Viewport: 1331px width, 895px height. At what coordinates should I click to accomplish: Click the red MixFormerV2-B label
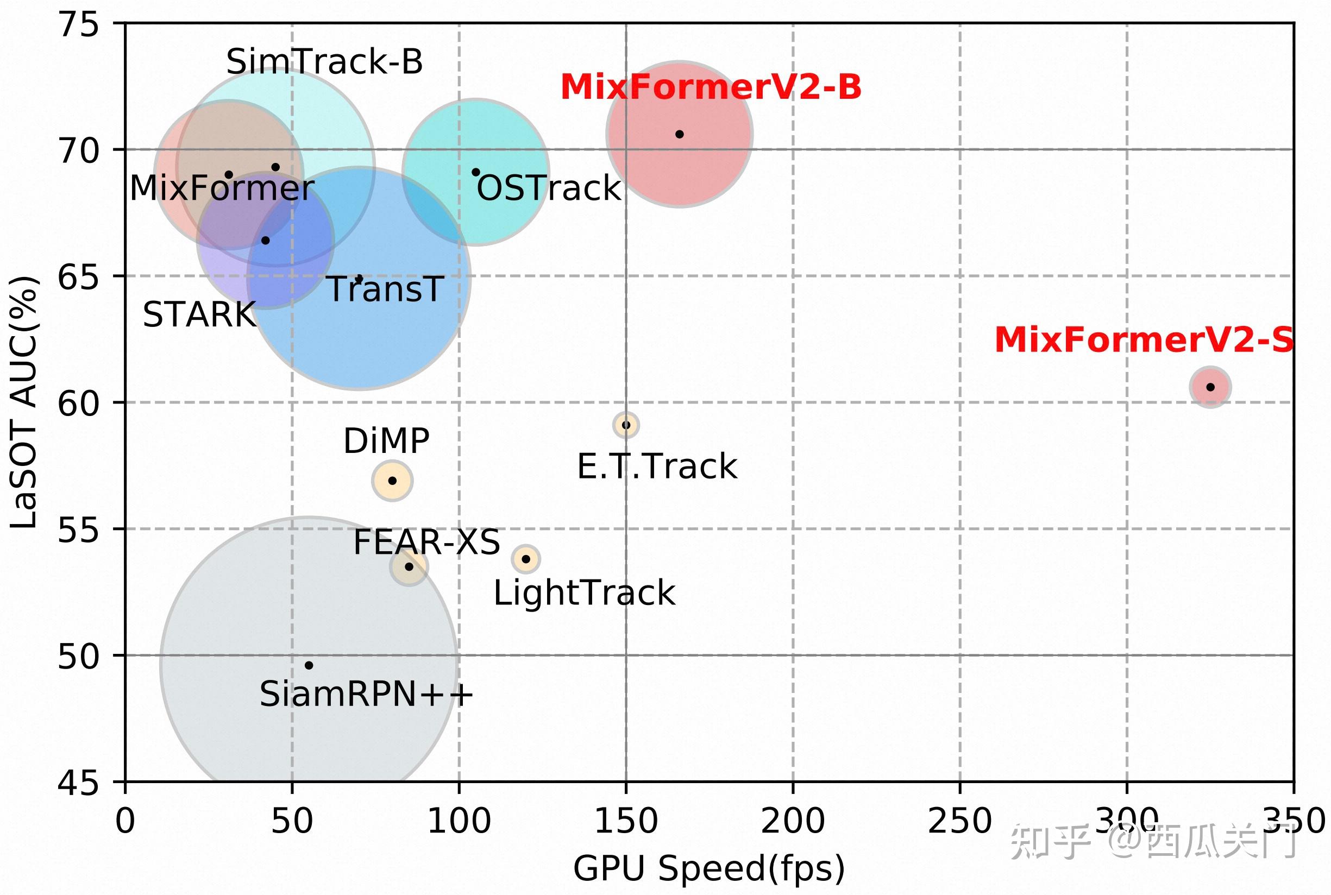point(711,87)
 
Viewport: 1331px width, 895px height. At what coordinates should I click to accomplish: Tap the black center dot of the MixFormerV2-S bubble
point(1210,387)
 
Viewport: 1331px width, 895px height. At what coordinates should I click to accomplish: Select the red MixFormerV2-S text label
point(1144,340)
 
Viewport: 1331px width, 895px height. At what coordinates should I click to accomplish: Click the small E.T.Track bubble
point(626,425)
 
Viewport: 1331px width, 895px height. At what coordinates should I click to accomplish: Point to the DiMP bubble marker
point(392,481)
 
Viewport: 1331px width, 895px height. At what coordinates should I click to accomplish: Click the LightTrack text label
point(584,593)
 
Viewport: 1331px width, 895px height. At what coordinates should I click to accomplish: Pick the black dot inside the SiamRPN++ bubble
point(309,665)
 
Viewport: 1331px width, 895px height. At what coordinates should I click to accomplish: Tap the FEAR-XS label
point(426,541)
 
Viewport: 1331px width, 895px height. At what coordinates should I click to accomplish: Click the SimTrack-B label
point(324,62)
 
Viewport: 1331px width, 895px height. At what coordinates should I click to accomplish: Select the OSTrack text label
point(548,188)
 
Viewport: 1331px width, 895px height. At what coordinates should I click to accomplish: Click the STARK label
point(199,314)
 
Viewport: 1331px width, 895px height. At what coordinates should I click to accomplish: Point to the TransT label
point(385,289)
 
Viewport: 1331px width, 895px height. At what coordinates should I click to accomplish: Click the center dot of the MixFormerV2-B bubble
point(680,134)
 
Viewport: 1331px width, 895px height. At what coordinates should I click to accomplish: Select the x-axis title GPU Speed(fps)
point(708,868)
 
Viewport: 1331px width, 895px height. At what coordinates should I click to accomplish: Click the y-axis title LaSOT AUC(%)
point(24,402)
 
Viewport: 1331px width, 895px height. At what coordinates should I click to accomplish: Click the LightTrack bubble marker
point(526,559)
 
